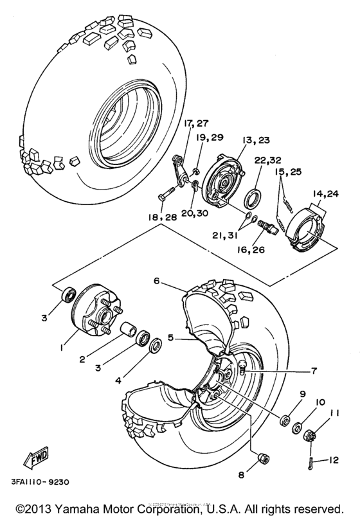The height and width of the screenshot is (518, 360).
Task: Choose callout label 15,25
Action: pyautogui.click(x=287, y=173)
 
